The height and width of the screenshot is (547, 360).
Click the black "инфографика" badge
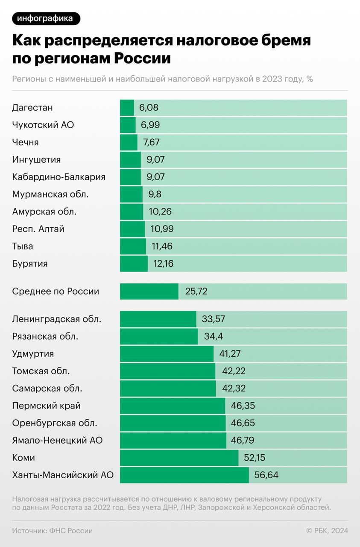click(x=46, y=18)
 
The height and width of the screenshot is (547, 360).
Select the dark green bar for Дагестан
click(x=127, y=108)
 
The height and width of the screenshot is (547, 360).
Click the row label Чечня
click(x=26, y=142)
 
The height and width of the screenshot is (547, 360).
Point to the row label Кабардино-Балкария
click(x=59, y=177)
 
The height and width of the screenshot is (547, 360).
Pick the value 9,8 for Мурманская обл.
click(x=155, y=194)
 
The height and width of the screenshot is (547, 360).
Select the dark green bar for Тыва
click(x=133, y=247)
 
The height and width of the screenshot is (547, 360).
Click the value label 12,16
click(x=164, y=264)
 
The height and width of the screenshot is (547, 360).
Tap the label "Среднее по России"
click(x=56, y=291)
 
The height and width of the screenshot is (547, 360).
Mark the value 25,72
click(x=196, y=291)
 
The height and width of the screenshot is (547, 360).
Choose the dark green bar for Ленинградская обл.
click(x=158, y=319)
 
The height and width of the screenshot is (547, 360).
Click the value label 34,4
click(x=214, y=336)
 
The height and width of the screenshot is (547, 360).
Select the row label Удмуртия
click(x=33, y=354)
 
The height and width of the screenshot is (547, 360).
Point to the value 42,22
click(x=234, y=371)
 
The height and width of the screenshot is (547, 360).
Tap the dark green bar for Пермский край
click(x=173, y=406)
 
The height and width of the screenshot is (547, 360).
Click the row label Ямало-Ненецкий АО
click(x=57, y=441)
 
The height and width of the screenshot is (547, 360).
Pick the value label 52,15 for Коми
click(x=255, y=458)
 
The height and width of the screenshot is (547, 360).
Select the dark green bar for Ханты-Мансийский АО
click(x=184, y=475)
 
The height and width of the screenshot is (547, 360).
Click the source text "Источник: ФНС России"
click(x=52, y=531)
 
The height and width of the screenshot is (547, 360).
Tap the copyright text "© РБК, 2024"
click(x=327, y=531)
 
